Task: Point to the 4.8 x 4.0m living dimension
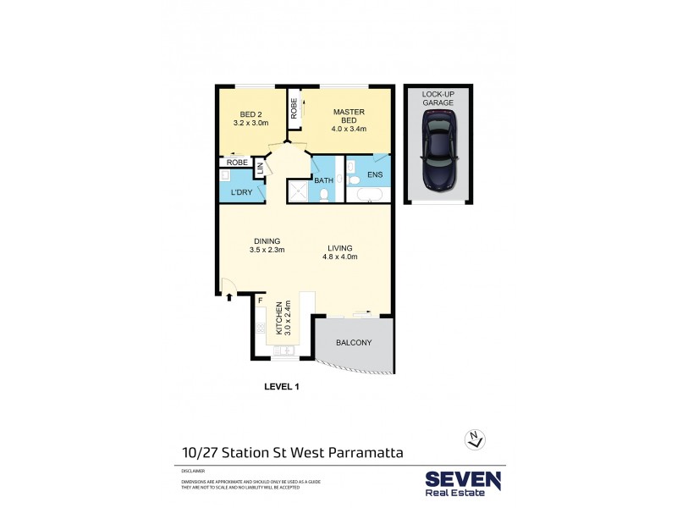pos(340,257)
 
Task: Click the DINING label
pos(266,240)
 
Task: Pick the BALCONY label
pos(354,343)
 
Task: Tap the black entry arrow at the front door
pos(229,295)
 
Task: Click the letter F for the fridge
pos(261,301)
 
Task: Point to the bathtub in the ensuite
pos(369,196)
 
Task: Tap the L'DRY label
pos(242,193)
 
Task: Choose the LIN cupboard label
pos(261,168)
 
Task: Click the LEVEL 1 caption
pos(283,386)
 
